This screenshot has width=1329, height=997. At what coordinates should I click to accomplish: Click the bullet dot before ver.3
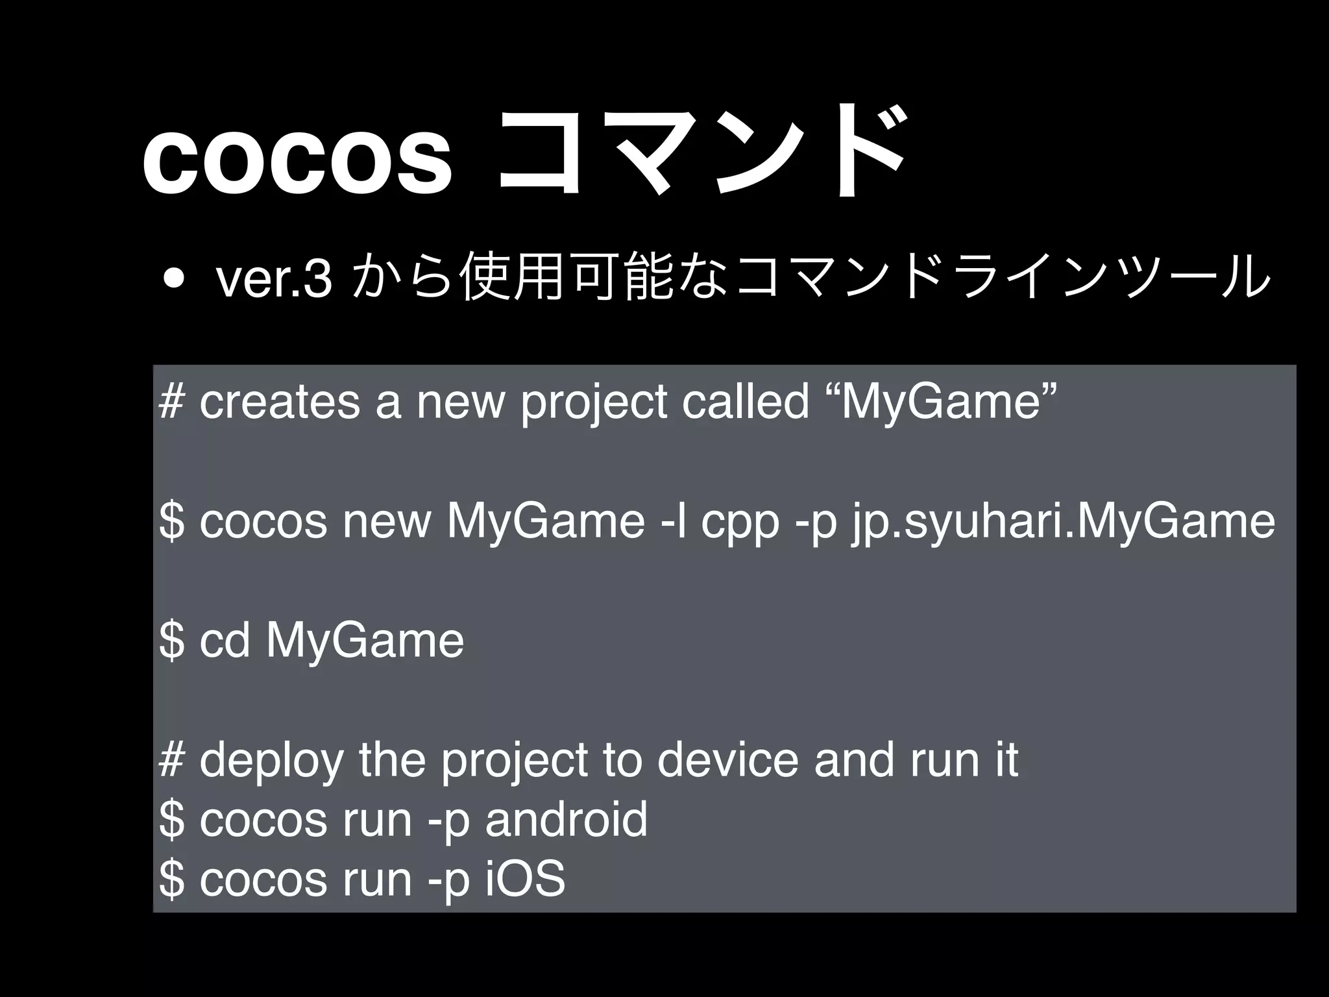[x=173, y=279]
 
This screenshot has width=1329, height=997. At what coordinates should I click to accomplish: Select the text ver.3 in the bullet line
[x=274, y=280]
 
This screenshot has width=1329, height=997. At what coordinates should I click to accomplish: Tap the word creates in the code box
[x=280, y=403]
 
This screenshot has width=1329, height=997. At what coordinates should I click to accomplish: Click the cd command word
[x=225, y=641]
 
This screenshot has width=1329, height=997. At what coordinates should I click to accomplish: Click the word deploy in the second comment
[x=271, y=761]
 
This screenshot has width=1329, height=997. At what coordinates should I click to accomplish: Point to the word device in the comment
[x=727, y=760]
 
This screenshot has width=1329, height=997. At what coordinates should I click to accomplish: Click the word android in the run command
[x=567, y=820]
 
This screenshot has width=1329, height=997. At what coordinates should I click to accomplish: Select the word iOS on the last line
[x=526, y=879]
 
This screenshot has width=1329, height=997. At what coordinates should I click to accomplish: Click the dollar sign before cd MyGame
[x=171, y=641]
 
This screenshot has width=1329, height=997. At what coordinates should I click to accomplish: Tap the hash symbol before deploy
[x=171, y=760]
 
